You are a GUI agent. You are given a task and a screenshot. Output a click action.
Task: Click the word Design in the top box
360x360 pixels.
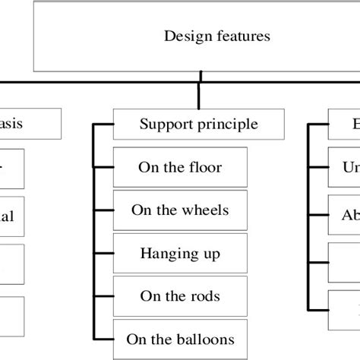[x=185, y=35]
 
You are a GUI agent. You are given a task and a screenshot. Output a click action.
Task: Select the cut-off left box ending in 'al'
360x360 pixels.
[x=12, y=216]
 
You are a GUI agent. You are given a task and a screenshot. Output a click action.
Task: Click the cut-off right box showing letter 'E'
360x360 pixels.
[x=346, y=123]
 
